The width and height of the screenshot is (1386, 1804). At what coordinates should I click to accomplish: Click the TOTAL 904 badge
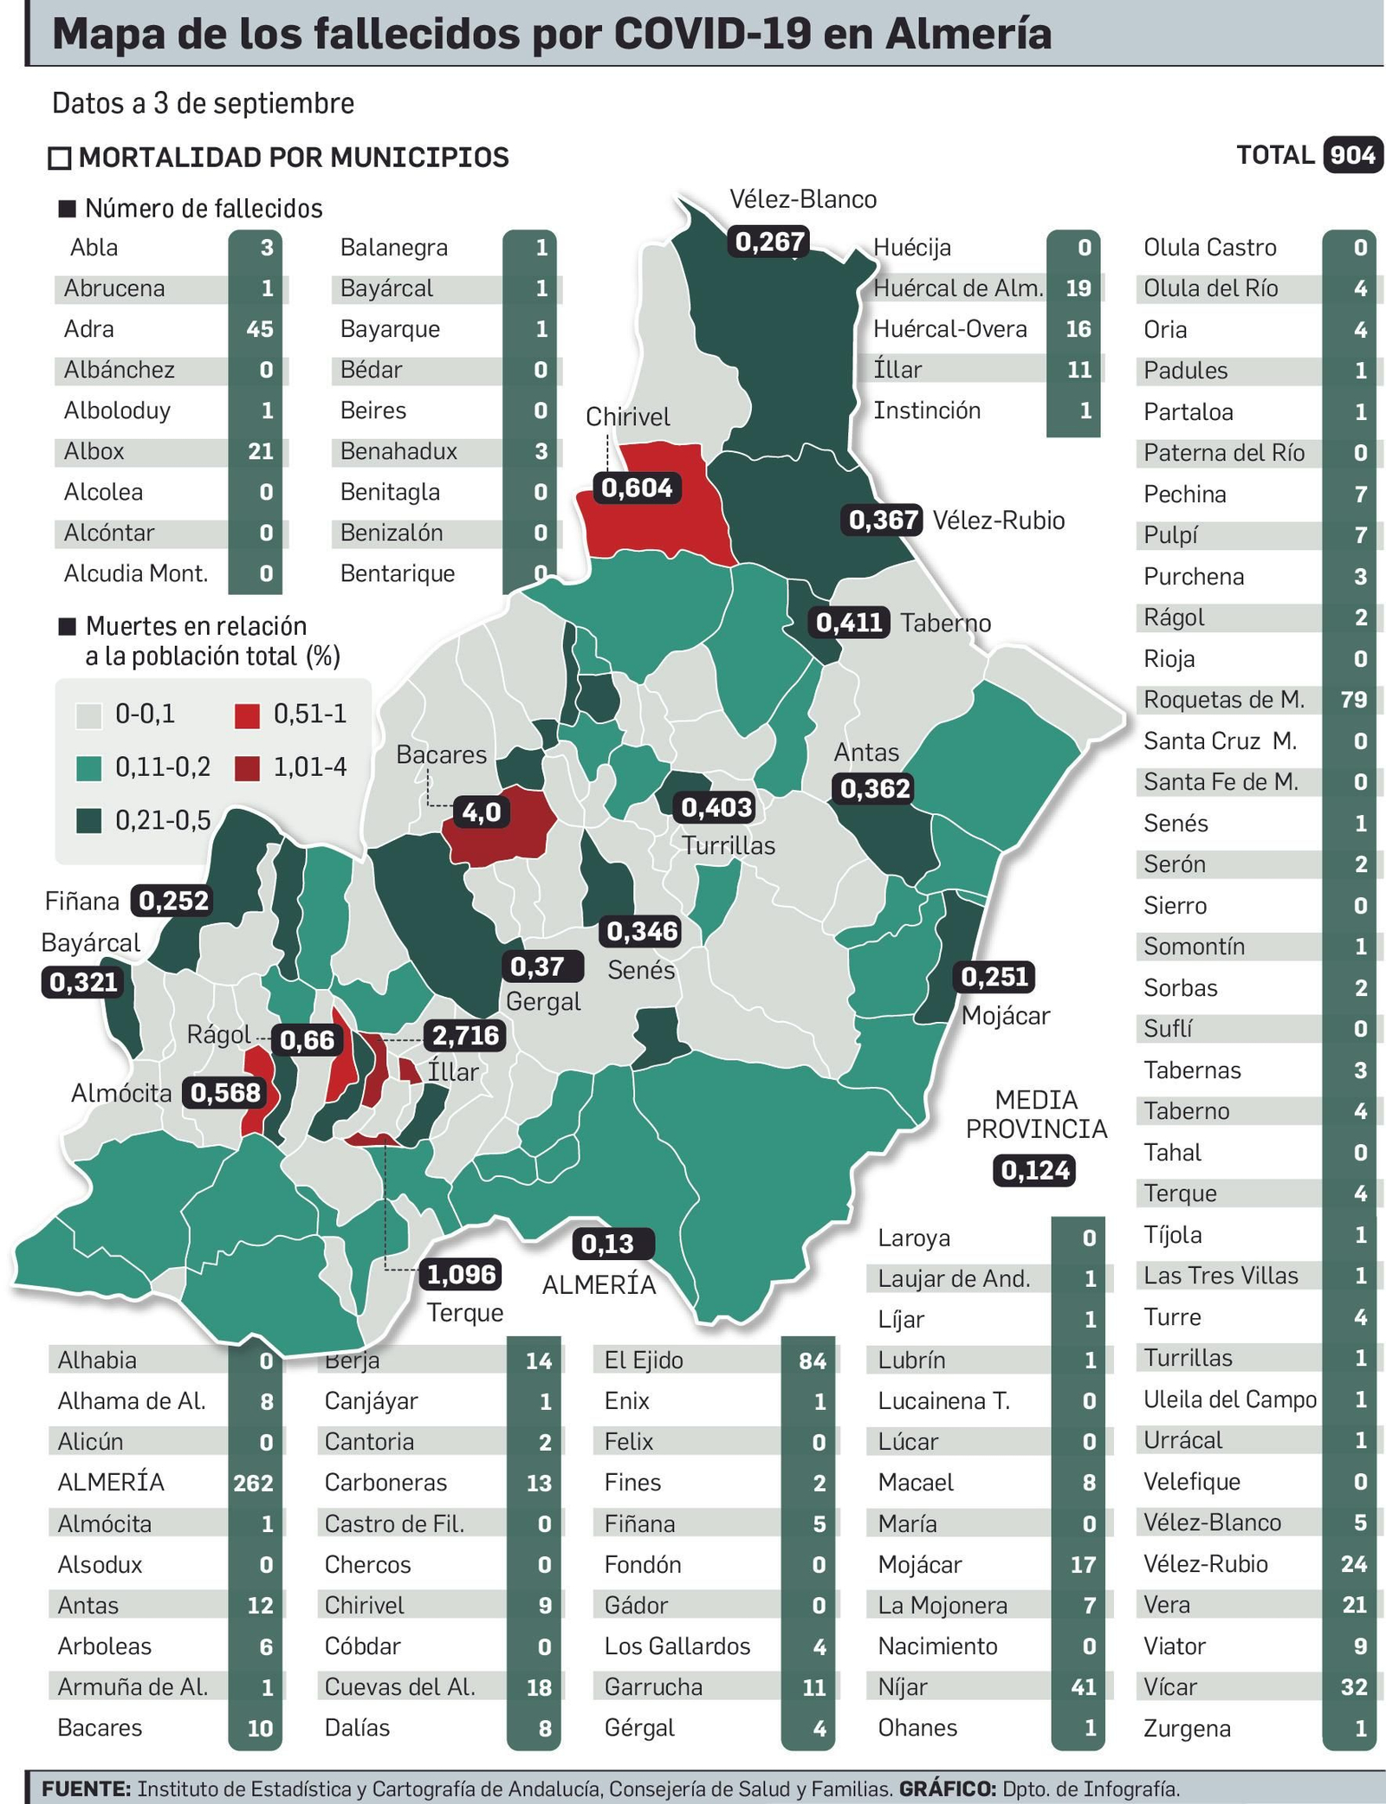click(1351, 156)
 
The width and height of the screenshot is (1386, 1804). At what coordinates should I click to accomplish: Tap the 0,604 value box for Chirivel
click(637, 488)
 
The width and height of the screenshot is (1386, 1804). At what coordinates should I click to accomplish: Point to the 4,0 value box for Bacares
click(482, 812)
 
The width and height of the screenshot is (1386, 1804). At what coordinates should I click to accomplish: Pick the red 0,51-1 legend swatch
click(248, 715)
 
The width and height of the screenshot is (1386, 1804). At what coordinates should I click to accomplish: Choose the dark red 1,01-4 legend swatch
click(248, 768)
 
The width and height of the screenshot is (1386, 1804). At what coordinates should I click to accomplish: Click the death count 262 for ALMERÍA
click(253, 1483)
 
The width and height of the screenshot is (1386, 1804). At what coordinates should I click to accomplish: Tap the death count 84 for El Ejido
click(812, 1361)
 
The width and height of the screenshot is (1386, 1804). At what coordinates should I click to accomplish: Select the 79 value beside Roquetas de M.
click(1353, 700)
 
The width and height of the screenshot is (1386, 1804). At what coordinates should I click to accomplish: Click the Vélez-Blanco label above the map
click(803, 200)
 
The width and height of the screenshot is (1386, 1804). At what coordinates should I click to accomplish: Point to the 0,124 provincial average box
click(1034, 1171)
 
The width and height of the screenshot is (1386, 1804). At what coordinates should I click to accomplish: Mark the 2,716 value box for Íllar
click(465, 1035)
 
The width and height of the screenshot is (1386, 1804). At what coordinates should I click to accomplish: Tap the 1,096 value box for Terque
click(462, 1274)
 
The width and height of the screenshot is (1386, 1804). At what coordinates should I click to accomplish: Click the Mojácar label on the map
click(1005, 1016)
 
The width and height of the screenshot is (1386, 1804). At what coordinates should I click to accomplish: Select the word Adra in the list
click(88, 329)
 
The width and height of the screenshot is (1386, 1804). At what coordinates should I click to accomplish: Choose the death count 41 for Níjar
click(1083, 1687)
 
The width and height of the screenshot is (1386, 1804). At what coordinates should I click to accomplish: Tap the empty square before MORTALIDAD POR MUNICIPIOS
click(60, 158)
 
